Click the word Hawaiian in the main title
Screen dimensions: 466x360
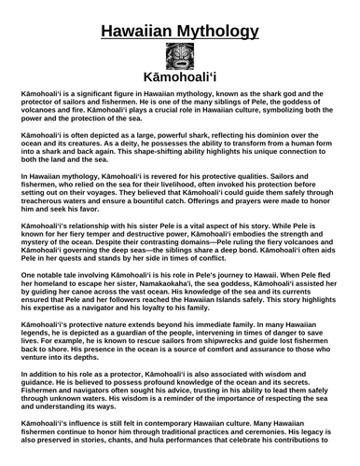pos(140,34)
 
